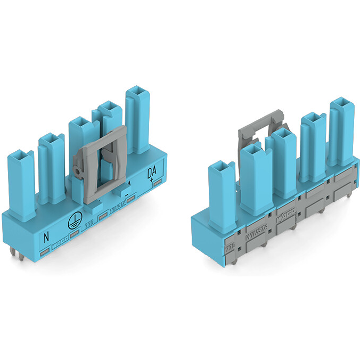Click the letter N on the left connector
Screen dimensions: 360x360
(46, 234)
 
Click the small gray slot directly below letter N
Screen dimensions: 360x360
(46, 248)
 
